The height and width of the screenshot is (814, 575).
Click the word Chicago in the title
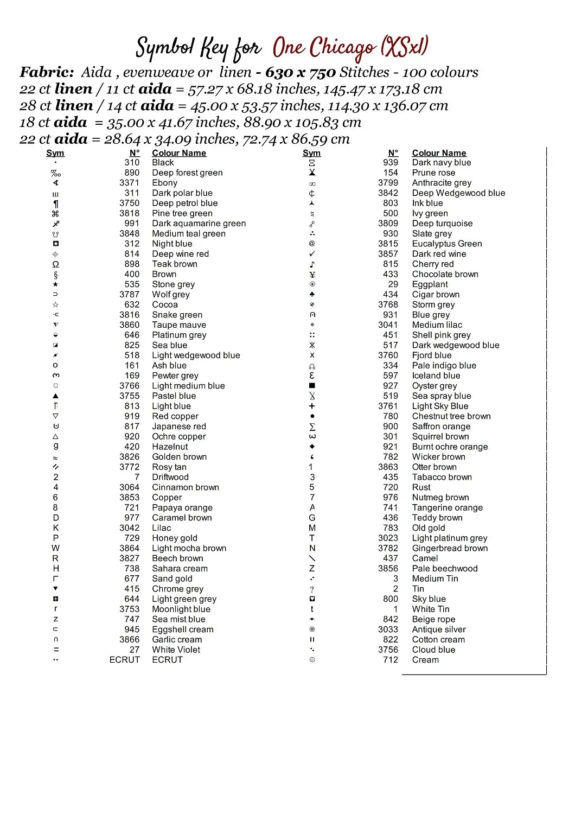(x=342, y=48)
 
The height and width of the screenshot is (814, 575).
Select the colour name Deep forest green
(x=187, y=173)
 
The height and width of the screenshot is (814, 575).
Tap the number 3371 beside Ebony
(x=130, y=183)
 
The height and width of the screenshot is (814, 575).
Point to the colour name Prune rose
(x=433, y=173)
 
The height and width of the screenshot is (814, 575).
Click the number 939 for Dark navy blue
(x=391, y=162)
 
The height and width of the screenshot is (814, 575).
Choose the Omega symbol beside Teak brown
(x=55, y=264)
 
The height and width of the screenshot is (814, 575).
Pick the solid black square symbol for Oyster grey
(x=312, y=386)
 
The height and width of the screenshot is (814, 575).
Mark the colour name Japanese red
(x=179, y=427)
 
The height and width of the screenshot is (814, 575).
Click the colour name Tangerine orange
(x=447, y=508)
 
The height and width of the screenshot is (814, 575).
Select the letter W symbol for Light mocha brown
(x=55, y=548)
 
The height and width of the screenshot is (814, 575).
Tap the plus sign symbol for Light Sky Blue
(x=312, y=406)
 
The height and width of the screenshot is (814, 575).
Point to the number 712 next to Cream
(x=391, y=660)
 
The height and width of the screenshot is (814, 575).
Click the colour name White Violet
(x=176, y=650)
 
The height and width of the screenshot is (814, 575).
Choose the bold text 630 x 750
(x=301, y=72)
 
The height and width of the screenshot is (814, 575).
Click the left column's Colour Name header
(x=179, y=153)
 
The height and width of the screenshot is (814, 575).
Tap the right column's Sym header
(x=311, y=153)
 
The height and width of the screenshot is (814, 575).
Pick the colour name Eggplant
(x=430, y=284)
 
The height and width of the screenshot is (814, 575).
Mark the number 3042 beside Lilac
(x=130, y=528)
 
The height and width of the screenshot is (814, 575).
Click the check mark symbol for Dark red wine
(x=312, y=254)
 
